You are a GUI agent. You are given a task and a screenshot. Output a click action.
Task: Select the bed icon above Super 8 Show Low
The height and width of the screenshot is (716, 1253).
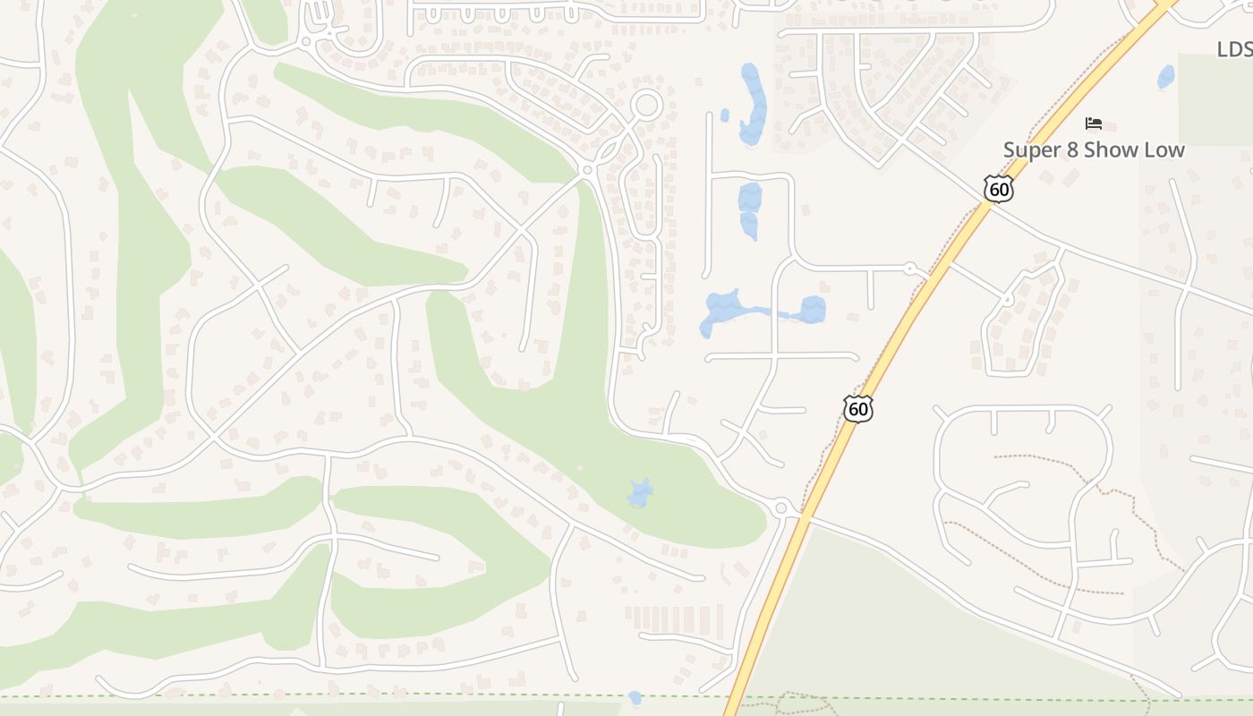pyautogui.click(x=1093, y=124)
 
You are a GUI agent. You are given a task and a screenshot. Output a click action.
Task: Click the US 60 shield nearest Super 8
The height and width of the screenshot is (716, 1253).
pyautogui.click(x=998, y=189)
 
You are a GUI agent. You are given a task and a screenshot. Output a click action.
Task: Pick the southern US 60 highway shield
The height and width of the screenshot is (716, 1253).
pyautogui.click(x=858, y=409)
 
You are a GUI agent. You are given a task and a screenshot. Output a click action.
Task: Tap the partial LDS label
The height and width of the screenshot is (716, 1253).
pyautogui.click(x=1235, y=49)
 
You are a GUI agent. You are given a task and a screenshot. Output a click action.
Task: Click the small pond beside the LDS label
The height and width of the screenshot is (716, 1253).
pyautogui.click(x=1165, y=77)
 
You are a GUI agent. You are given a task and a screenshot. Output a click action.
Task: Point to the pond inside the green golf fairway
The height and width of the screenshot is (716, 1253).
pyautogui.click(x=639, y=493)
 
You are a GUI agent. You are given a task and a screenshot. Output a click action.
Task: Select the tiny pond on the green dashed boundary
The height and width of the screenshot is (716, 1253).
pyautogui.click(x=635, y=697)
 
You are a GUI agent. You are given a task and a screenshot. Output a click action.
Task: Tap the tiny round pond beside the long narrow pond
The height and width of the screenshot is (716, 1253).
pyautogui.click(x=725, y=115)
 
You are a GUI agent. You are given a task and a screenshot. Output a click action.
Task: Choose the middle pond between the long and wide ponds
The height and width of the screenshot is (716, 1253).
pyautogui.click(x=749, y=210)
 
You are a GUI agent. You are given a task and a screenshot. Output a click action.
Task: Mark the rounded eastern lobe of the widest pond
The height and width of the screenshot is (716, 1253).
pyautogui.click(x=812, y=310)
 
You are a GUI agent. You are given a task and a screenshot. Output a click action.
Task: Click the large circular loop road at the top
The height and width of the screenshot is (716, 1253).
pyautogui.click(x=645, y=106)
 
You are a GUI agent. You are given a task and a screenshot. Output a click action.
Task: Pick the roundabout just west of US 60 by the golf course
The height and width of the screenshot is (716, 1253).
pyautogui.click(x=780, y=508)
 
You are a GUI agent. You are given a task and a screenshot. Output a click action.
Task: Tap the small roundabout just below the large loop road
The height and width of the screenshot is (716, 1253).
pyautogui.click(x=588, y=169)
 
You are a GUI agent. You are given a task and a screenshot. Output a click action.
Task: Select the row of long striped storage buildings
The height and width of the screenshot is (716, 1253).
pyautogui.click(x=673, y=619)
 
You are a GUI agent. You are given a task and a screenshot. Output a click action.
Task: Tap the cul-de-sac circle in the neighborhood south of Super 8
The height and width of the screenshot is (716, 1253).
pyautogui.click(x=1007, y=301)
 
